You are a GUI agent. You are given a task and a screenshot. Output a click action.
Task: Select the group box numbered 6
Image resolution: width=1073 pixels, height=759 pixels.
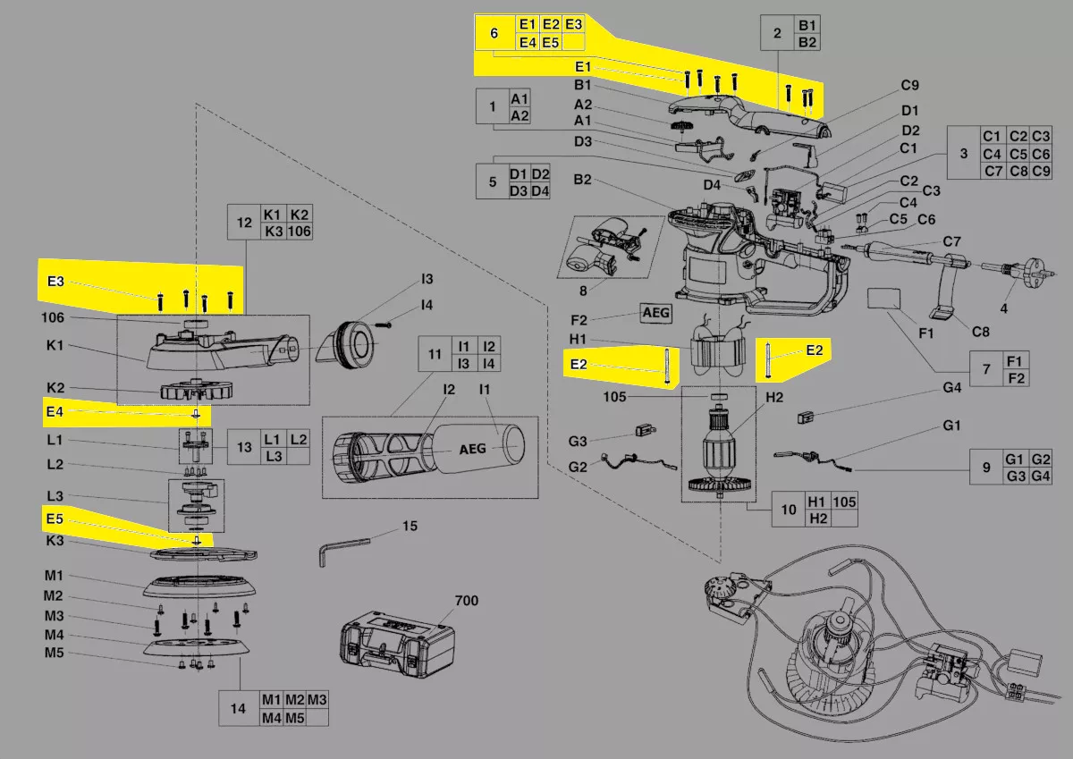point(494,33)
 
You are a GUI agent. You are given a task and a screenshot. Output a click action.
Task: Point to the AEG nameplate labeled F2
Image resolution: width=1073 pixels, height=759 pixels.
point(655,314)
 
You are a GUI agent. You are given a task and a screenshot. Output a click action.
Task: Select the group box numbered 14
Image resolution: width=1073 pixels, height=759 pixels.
point(238,708)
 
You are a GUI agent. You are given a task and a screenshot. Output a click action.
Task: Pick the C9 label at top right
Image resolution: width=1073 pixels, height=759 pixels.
point(909,86)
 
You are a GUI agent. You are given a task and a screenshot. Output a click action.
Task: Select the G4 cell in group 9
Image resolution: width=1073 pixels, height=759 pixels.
point(1040,476)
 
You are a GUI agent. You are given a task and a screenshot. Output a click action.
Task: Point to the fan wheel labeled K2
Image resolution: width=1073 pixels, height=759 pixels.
point(196,391)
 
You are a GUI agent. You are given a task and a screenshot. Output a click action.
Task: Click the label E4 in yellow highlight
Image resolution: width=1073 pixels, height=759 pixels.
point(55,411)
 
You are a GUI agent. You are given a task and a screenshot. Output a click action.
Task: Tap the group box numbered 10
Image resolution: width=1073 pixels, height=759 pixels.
point(788,510)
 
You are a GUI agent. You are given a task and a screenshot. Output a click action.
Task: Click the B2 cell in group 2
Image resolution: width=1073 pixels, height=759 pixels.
point(807,42)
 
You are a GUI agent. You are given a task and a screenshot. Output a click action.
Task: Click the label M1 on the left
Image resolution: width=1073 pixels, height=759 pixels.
point(55,576)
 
